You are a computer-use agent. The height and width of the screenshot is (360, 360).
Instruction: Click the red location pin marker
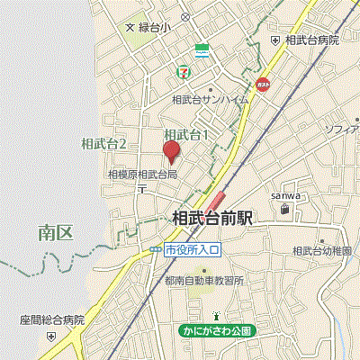170,149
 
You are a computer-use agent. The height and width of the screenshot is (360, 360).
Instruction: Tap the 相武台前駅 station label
213,217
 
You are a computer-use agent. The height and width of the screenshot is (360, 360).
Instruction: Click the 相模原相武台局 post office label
142,174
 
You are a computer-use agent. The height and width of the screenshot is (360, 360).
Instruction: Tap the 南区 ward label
55,233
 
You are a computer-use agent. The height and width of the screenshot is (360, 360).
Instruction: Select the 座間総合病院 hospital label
51,319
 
